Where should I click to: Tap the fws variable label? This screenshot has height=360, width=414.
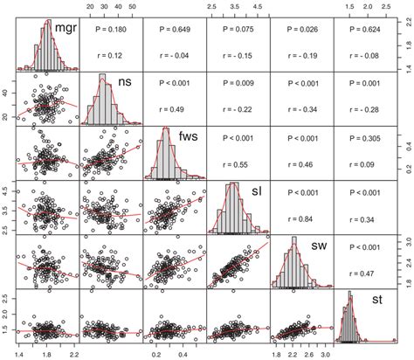pos(189,136)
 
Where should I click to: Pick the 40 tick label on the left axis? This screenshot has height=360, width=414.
pos(7,89)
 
